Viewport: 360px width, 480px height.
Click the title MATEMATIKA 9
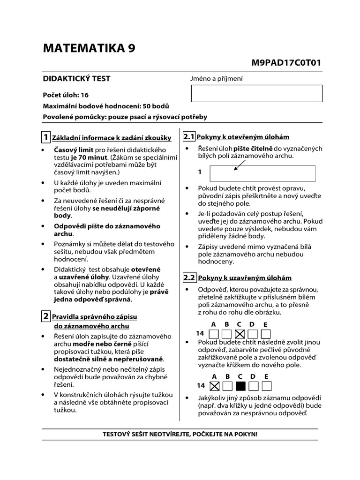coord(89,48)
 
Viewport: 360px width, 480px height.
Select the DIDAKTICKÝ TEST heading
coord(77,79)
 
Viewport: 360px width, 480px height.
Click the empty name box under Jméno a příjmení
coord(257,93)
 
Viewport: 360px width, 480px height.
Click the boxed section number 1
coord(45,137)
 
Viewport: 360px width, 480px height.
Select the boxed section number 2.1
coord(188,137)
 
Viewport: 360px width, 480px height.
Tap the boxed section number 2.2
coord(188,277)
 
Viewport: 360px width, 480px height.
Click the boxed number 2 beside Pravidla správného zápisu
coord(45,316)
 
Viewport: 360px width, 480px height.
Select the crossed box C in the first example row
coord(240,334)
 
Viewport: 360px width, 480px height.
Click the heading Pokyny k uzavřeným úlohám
coord(244,278)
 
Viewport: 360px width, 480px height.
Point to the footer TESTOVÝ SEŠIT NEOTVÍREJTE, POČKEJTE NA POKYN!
coord(180,434)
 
